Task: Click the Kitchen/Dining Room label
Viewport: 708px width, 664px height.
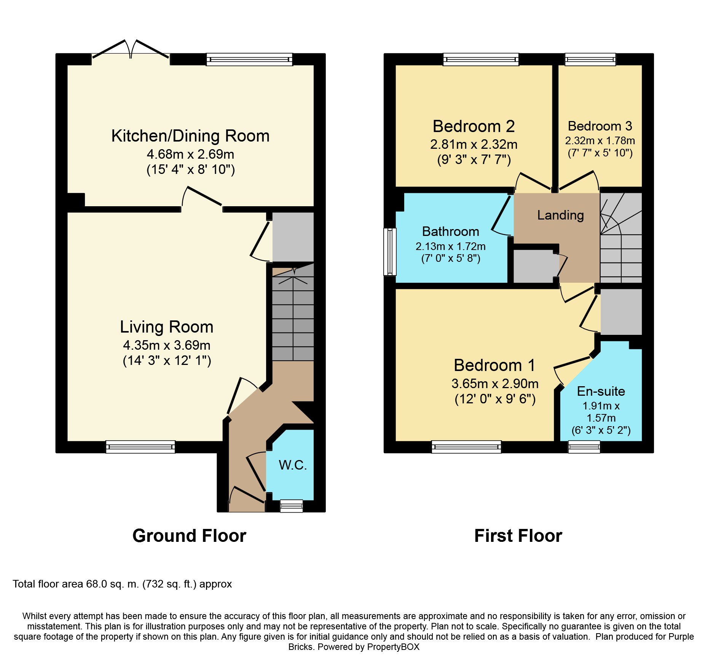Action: tap(190, 136)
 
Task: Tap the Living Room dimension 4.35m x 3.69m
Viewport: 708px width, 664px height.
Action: tap(167, 345)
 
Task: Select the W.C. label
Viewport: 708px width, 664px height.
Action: tap(293, 465)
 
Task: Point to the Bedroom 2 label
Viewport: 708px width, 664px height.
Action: tap(474, 126)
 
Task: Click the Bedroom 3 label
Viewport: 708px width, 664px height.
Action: tap(600, 126)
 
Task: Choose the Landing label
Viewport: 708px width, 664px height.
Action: tap(560, 215)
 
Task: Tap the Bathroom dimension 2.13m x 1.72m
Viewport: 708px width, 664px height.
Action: tap(451, 246)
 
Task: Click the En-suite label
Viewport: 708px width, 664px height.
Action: tap(601, 391)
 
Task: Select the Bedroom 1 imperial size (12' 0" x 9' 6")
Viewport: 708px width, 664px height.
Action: tap(495, 399)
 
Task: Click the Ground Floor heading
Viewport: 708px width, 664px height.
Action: tap(189, 536)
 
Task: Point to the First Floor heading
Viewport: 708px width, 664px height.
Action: tap(518, 536)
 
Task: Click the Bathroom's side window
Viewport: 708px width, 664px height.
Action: tap(390, 252)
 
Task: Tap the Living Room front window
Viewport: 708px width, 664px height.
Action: tap(140, 447)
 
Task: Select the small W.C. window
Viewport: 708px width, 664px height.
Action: tap(292, 506)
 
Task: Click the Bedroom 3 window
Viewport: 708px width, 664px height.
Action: tap(590, 59)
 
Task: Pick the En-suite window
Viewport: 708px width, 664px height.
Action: tap(584, 447)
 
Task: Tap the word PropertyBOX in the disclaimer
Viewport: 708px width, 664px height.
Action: tap(393, 647)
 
